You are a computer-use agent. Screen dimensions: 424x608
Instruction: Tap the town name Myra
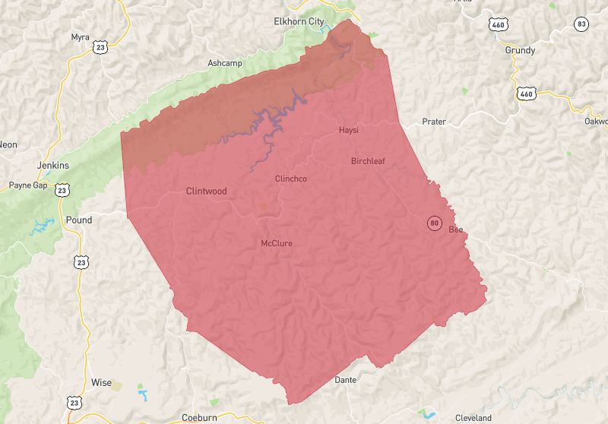(x=80, y=36)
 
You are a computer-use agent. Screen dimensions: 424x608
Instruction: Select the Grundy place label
(x=520, y=50)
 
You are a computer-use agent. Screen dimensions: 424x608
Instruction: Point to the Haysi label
(x=348, y=131)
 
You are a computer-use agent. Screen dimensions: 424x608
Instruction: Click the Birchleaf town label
(x=369, y=161)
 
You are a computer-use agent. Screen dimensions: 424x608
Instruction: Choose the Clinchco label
(x=290, y=179)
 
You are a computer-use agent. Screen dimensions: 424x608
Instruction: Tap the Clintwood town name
(x=206, y=191)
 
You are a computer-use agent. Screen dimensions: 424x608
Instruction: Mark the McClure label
(x=277, y=243)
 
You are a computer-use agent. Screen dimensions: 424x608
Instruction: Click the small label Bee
(x=455, y=229)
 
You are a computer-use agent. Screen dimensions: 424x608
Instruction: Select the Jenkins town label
(x=52, y=166)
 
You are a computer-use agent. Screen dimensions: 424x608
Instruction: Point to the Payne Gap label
(x=28, y=185)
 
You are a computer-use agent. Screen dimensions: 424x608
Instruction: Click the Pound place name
(x=80, y=220)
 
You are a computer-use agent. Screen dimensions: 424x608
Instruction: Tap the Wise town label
(x=101, y=382)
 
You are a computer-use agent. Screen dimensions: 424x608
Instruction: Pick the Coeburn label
(x=200, y=417)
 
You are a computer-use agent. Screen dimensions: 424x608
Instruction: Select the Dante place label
(x=346, y=379)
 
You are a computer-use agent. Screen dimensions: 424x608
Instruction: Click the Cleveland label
(x=473, y=418)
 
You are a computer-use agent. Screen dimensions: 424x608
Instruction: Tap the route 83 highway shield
(x=581, y=24)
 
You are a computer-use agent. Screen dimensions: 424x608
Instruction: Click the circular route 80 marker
(x=434, y=223)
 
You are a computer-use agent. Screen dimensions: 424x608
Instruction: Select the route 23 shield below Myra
(x=99, y=48)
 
